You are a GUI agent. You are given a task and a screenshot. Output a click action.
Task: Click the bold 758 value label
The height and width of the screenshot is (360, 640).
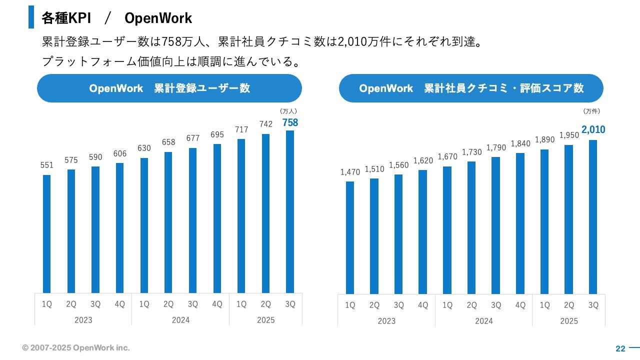[290, 122]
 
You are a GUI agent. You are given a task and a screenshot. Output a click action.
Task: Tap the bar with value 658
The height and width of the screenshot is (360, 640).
[168, 222]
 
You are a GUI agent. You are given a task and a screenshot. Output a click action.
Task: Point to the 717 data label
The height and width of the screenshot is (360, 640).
[241, 130]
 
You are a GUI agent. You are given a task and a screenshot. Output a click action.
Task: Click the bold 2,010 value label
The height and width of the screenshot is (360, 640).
[593, 130]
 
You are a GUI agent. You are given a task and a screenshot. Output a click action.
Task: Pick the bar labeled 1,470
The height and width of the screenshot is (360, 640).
[350, 237]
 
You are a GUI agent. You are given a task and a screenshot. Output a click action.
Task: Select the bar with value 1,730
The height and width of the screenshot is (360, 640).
[471, 227]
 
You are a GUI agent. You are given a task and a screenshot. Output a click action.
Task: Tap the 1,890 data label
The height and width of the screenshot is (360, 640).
[544, 140]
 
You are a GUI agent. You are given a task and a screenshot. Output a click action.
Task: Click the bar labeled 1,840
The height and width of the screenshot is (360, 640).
[520, 223]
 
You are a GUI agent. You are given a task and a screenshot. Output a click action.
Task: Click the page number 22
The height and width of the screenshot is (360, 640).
[620, 348]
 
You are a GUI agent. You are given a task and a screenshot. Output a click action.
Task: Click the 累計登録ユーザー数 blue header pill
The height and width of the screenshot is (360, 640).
[169, 88]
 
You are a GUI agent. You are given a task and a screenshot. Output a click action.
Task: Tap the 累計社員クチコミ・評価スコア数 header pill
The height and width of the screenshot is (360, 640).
[471, 88]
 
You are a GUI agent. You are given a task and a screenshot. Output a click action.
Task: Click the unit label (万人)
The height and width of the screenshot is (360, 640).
[289, 111]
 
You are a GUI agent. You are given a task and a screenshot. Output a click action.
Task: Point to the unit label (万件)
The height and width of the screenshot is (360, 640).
[591, 111]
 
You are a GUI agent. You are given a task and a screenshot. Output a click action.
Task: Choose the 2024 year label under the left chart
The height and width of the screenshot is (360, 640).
[180, 320]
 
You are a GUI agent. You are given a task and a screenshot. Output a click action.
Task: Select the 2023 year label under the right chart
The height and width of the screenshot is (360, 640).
[386, 321]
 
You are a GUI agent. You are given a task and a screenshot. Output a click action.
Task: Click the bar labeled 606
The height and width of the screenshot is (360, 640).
[119, 227]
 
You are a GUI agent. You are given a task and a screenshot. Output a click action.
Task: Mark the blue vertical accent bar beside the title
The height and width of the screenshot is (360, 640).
[31, 17]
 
